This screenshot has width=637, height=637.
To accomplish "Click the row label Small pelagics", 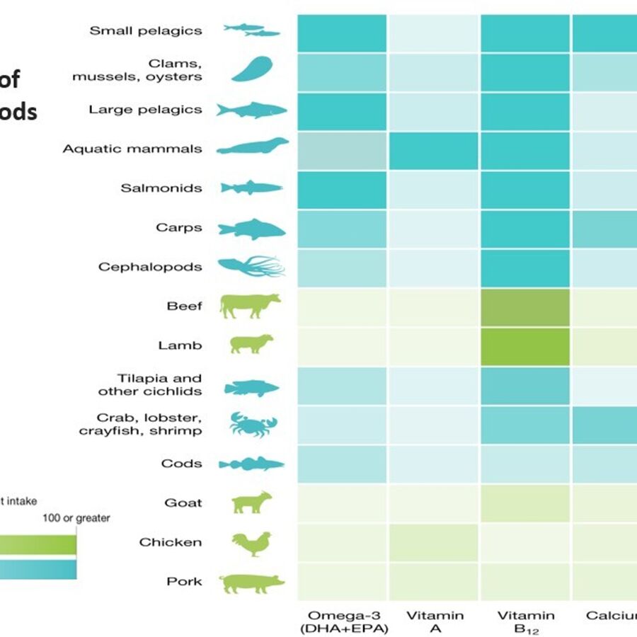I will coord(145,30).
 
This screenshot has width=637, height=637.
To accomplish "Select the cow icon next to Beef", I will coord(250,306).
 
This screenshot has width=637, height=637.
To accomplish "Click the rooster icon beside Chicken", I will coord(251,543).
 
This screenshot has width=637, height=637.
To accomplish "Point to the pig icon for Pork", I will coord(251,583).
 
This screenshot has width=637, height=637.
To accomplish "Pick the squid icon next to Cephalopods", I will coord(251,267).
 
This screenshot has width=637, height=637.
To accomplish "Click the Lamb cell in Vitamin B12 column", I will coord(525,346).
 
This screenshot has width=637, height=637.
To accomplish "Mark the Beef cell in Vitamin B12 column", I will coord(525,306).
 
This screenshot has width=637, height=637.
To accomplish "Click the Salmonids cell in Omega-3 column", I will coord(342,189).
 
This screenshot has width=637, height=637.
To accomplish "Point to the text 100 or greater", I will coord(76,518).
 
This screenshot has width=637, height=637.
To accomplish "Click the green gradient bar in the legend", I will coord(38,544).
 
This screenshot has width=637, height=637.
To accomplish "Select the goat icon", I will coord(252,503).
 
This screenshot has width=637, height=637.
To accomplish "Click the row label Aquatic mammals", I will coord(132,149).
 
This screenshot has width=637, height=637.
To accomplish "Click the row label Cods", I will coord(181,464).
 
